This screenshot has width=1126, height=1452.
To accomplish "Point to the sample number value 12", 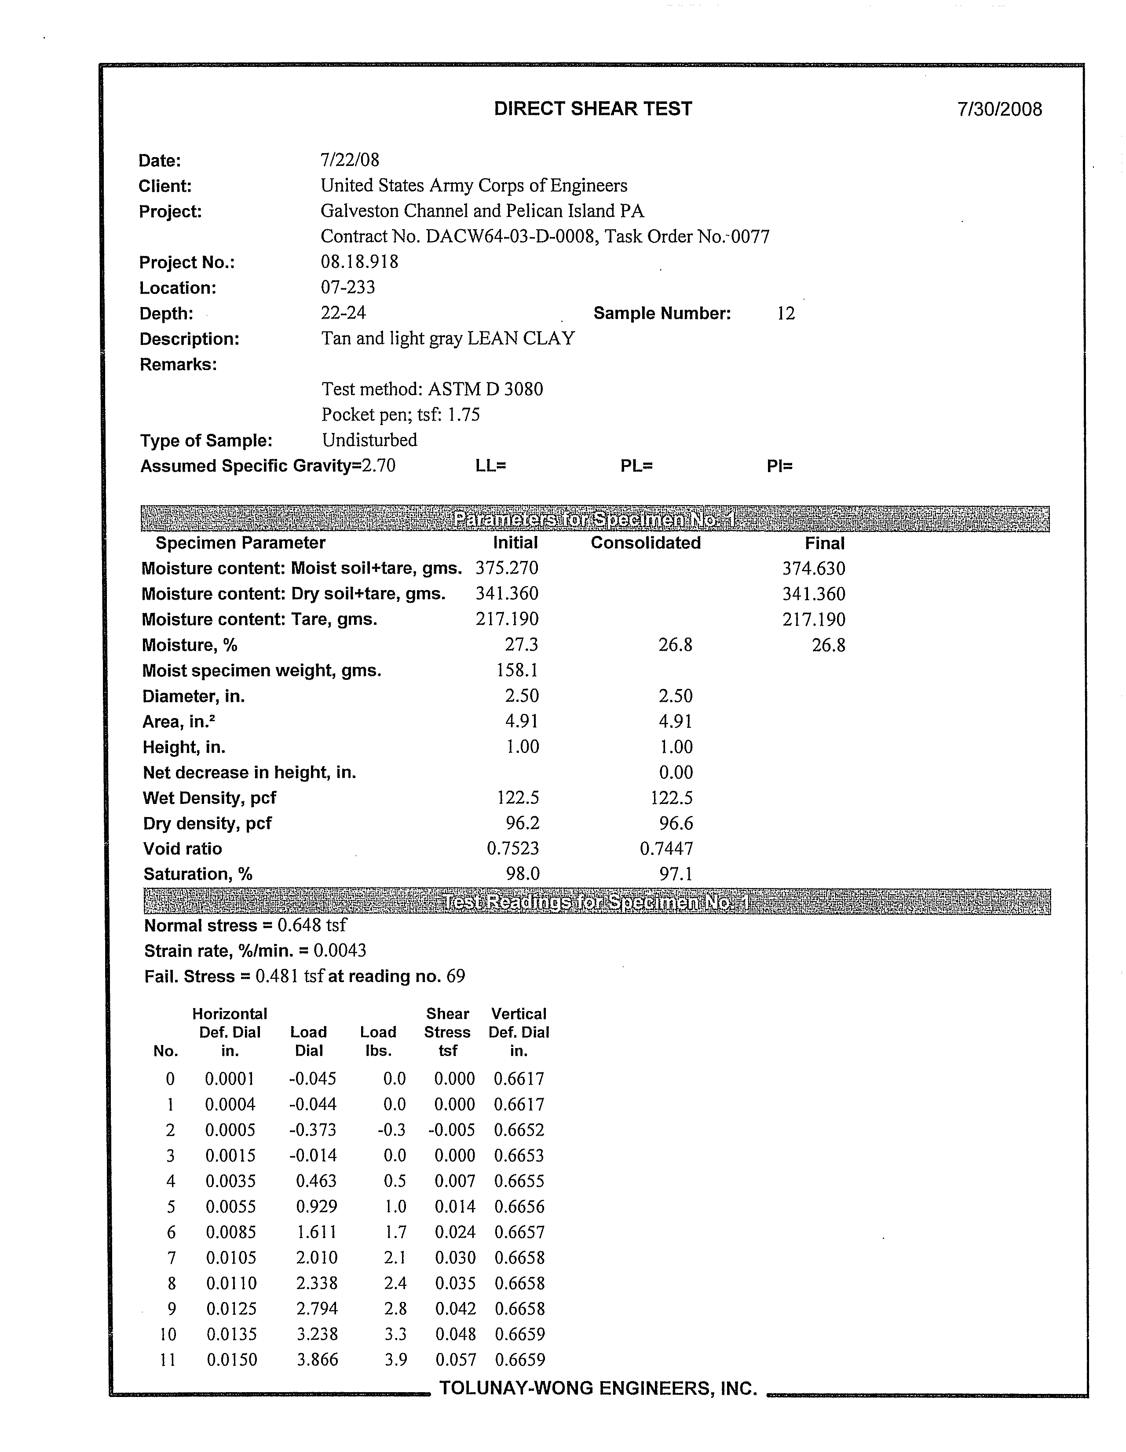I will tap(786, 313).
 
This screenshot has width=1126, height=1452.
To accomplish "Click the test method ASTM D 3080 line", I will tap(432, 389).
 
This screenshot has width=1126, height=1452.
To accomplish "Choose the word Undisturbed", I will tap(369, 440).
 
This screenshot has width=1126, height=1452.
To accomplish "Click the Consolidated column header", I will tap(645, 543).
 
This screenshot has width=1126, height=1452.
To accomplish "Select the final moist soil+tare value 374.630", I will tap(814, 569).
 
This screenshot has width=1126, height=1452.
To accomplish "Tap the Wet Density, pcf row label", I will tap(209, 798).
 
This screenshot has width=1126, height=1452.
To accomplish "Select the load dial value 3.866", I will tap(317, 1360).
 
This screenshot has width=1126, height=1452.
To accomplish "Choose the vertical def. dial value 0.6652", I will tap(519, 1129).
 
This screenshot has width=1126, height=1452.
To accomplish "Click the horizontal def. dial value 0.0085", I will tap(230, 1232).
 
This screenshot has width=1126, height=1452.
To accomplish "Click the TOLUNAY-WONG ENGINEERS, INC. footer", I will tap(598, 1388).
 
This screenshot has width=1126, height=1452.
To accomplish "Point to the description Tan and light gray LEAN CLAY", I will tap(448, 338).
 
